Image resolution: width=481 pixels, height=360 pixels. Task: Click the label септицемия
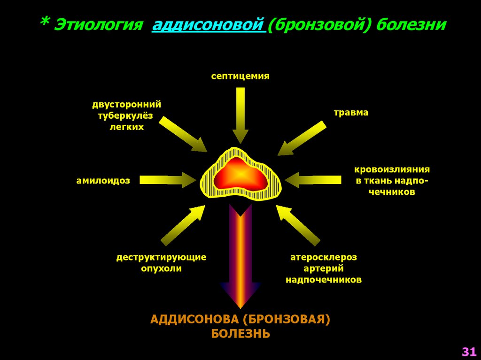240,76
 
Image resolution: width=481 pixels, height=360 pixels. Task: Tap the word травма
351,113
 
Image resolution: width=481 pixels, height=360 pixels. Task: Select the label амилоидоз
103,181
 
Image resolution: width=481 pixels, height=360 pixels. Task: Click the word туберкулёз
125,116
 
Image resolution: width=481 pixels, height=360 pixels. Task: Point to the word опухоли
162,268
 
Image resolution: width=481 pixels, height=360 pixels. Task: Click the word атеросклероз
324,257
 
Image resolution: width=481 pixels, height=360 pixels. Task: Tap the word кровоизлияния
392,169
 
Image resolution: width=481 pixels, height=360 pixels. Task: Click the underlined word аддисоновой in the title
208,25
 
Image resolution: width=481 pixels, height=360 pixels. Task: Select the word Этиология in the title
98,25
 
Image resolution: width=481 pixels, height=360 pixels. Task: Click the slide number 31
469,352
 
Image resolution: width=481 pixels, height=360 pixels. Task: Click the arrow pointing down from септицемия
240,115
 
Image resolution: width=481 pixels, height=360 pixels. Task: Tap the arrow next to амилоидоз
168,180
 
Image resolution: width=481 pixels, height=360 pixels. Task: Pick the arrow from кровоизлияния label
312,180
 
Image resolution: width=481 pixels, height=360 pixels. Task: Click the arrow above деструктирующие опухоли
183,225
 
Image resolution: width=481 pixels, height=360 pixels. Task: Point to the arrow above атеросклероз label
298,225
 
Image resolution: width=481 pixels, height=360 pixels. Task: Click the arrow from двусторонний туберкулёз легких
183,134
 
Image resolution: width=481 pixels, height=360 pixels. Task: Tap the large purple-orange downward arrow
240,256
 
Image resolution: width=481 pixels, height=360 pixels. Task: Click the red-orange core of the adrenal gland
240,175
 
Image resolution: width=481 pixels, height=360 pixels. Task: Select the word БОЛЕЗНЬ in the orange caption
240,334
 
